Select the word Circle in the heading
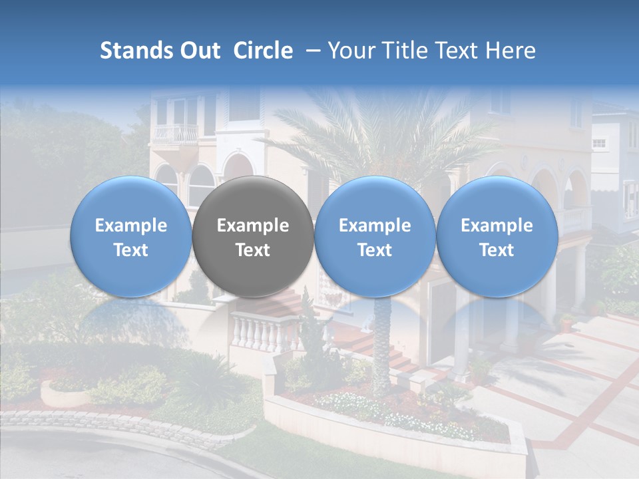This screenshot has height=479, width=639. click(263, 51)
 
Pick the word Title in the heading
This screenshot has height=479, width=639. click(405, 51)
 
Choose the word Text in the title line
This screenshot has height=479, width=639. click(459, 51)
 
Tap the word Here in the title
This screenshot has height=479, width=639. click(512, 51)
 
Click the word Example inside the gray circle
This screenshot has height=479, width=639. click(253, 226)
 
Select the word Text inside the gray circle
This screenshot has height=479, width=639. click(253, 250)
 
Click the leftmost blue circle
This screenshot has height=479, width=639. click(130, 236)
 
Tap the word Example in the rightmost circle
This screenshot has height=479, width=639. click(497, 226)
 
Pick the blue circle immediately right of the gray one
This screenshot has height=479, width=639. click(375, 236)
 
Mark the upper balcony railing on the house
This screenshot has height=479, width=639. click(176, 134)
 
